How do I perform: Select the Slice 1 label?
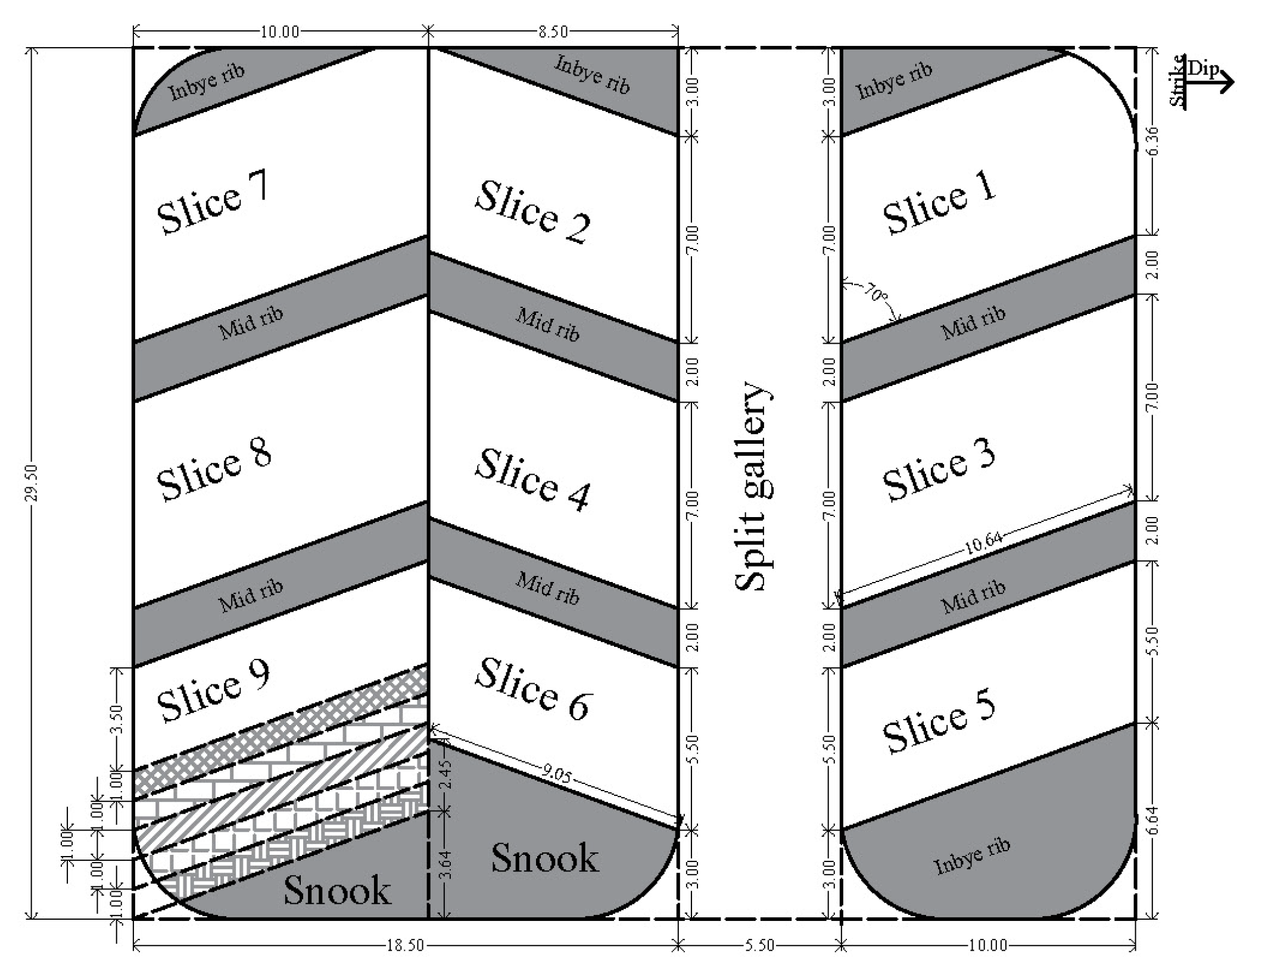click(939, 202)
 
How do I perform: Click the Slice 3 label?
click(939, 469)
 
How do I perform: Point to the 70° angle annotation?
click(874, 293)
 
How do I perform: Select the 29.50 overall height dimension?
click(32, 483)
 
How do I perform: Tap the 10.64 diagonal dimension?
click(983, 543)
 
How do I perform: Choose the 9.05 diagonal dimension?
click(557, 774)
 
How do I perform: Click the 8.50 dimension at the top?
click(553, 32)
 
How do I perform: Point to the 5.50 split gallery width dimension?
click(759, 945)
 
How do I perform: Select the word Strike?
click(1177, 80)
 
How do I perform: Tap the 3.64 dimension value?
click(448, 866)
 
